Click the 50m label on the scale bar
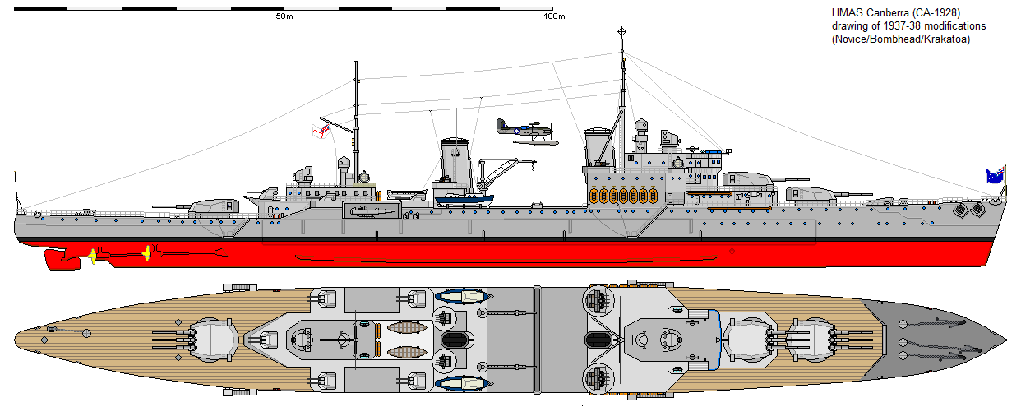[284, 16]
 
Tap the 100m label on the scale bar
[554, 16]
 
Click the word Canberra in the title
[884, 13]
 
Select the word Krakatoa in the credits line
[947, 39]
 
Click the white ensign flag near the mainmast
[321, 131]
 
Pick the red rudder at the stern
[62, 259]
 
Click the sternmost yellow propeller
[93, 257]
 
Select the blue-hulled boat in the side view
[464, 199]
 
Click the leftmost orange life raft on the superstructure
[594, 196]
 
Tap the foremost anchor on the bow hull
[977, 210]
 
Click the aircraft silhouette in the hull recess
[371, 211]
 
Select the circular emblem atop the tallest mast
[621, 31]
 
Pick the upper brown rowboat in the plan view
[408, 327]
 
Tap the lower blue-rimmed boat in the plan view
[463, 383]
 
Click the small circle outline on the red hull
[732, 252]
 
